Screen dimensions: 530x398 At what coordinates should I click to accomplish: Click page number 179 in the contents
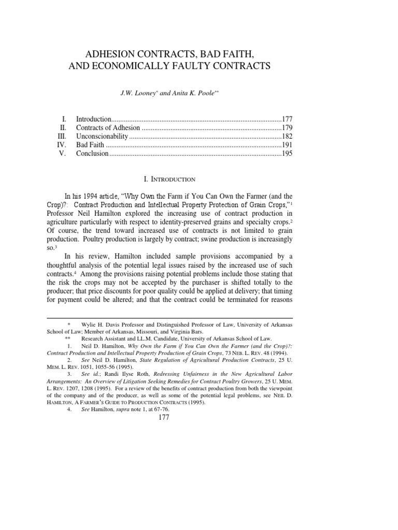tap(287, 127)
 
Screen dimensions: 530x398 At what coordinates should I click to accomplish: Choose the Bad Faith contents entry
tap(90, 145)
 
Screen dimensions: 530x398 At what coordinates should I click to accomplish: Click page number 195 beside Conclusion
tap(287, 154)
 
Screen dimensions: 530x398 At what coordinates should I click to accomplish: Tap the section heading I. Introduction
tap(169, 179)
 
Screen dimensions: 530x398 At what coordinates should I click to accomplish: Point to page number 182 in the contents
tap(287, 136)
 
